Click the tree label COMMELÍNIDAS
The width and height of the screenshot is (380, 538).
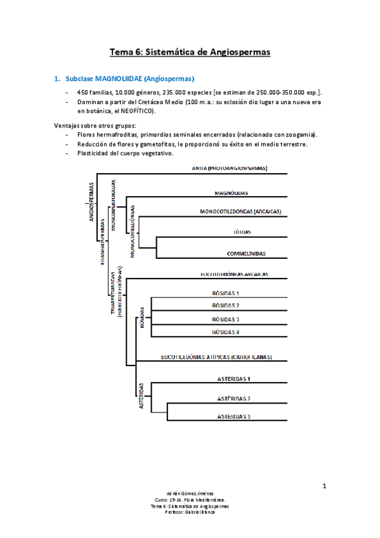tap(247, 254)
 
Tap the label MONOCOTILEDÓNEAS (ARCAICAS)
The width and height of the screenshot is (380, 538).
tap(240, 212)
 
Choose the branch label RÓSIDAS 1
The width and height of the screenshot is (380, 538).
tap(225, 293)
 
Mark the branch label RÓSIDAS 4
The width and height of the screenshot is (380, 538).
tap(225, 332)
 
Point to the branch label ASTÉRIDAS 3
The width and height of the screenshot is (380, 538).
tap(232, 416)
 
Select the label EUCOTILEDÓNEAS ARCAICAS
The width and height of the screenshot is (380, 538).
tap(234, 274)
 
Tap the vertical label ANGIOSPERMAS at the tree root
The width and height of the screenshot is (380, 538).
tap(91, 201)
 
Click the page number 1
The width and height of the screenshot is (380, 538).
tap(324, 487)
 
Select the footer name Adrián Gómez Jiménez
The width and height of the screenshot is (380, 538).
tap(190, 492)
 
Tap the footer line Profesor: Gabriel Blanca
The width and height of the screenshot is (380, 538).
tap(190, 512)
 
